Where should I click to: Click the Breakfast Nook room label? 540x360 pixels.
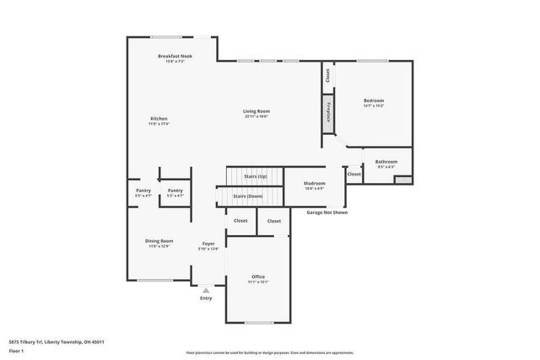175,56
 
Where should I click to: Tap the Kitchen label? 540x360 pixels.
159,118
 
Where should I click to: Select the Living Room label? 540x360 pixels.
256,111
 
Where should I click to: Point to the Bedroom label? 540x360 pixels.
373,100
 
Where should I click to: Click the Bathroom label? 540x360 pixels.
386,161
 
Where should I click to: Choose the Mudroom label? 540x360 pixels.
315,183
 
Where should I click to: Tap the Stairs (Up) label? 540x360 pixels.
255,176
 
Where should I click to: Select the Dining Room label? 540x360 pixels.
159,241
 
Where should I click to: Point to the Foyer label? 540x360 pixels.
208,244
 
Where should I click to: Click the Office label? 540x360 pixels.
258,277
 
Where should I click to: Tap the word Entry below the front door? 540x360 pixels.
206,298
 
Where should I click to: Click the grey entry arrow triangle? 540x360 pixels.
206,289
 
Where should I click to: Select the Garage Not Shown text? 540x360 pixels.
327,213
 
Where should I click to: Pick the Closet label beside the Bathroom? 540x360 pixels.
354,174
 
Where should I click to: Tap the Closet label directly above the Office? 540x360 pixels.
273,221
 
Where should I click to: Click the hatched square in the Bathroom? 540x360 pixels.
403,179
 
